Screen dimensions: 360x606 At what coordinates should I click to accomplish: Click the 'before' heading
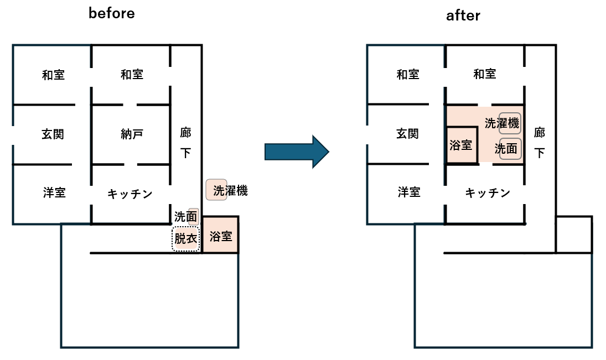[112, 13]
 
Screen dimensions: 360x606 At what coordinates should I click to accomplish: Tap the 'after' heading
[463, 16]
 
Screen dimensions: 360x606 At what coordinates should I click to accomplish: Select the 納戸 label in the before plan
[132, 134]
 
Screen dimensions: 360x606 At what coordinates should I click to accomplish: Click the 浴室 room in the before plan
[220, 236]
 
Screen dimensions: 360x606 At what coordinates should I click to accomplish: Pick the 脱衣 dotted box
[185, 239]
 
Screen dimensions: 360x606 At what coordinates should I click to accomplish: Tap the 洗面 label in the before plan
[185, 217]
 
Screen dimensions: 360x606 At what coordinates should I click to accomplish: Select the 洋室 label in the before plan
[54, 192]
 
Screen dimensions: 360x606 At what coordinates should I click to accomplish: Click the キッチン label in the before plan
[130, 194]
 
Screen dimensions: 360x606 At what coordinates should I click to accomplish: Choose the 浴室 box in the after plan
[461, 145]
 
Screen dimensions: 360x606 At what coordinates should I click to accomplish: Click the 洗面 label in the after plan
[506, 149]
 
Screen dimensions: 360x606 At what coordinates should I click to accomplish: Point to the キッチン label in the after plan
[487, 192]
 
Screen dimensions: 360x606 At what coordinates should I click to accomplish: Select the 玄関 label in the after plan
[407, 134]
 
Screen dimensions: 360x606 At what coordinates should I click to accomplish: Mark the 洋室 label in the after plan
[408, 192]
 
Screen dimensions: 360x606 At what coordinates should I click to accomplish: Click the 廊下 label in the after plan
[539, 142]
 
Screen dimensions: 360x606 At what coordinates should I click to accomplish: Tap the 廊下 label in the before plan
[185, 142]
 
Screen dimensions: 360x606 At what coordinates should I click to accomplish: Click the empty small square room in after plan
[573, 234]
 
